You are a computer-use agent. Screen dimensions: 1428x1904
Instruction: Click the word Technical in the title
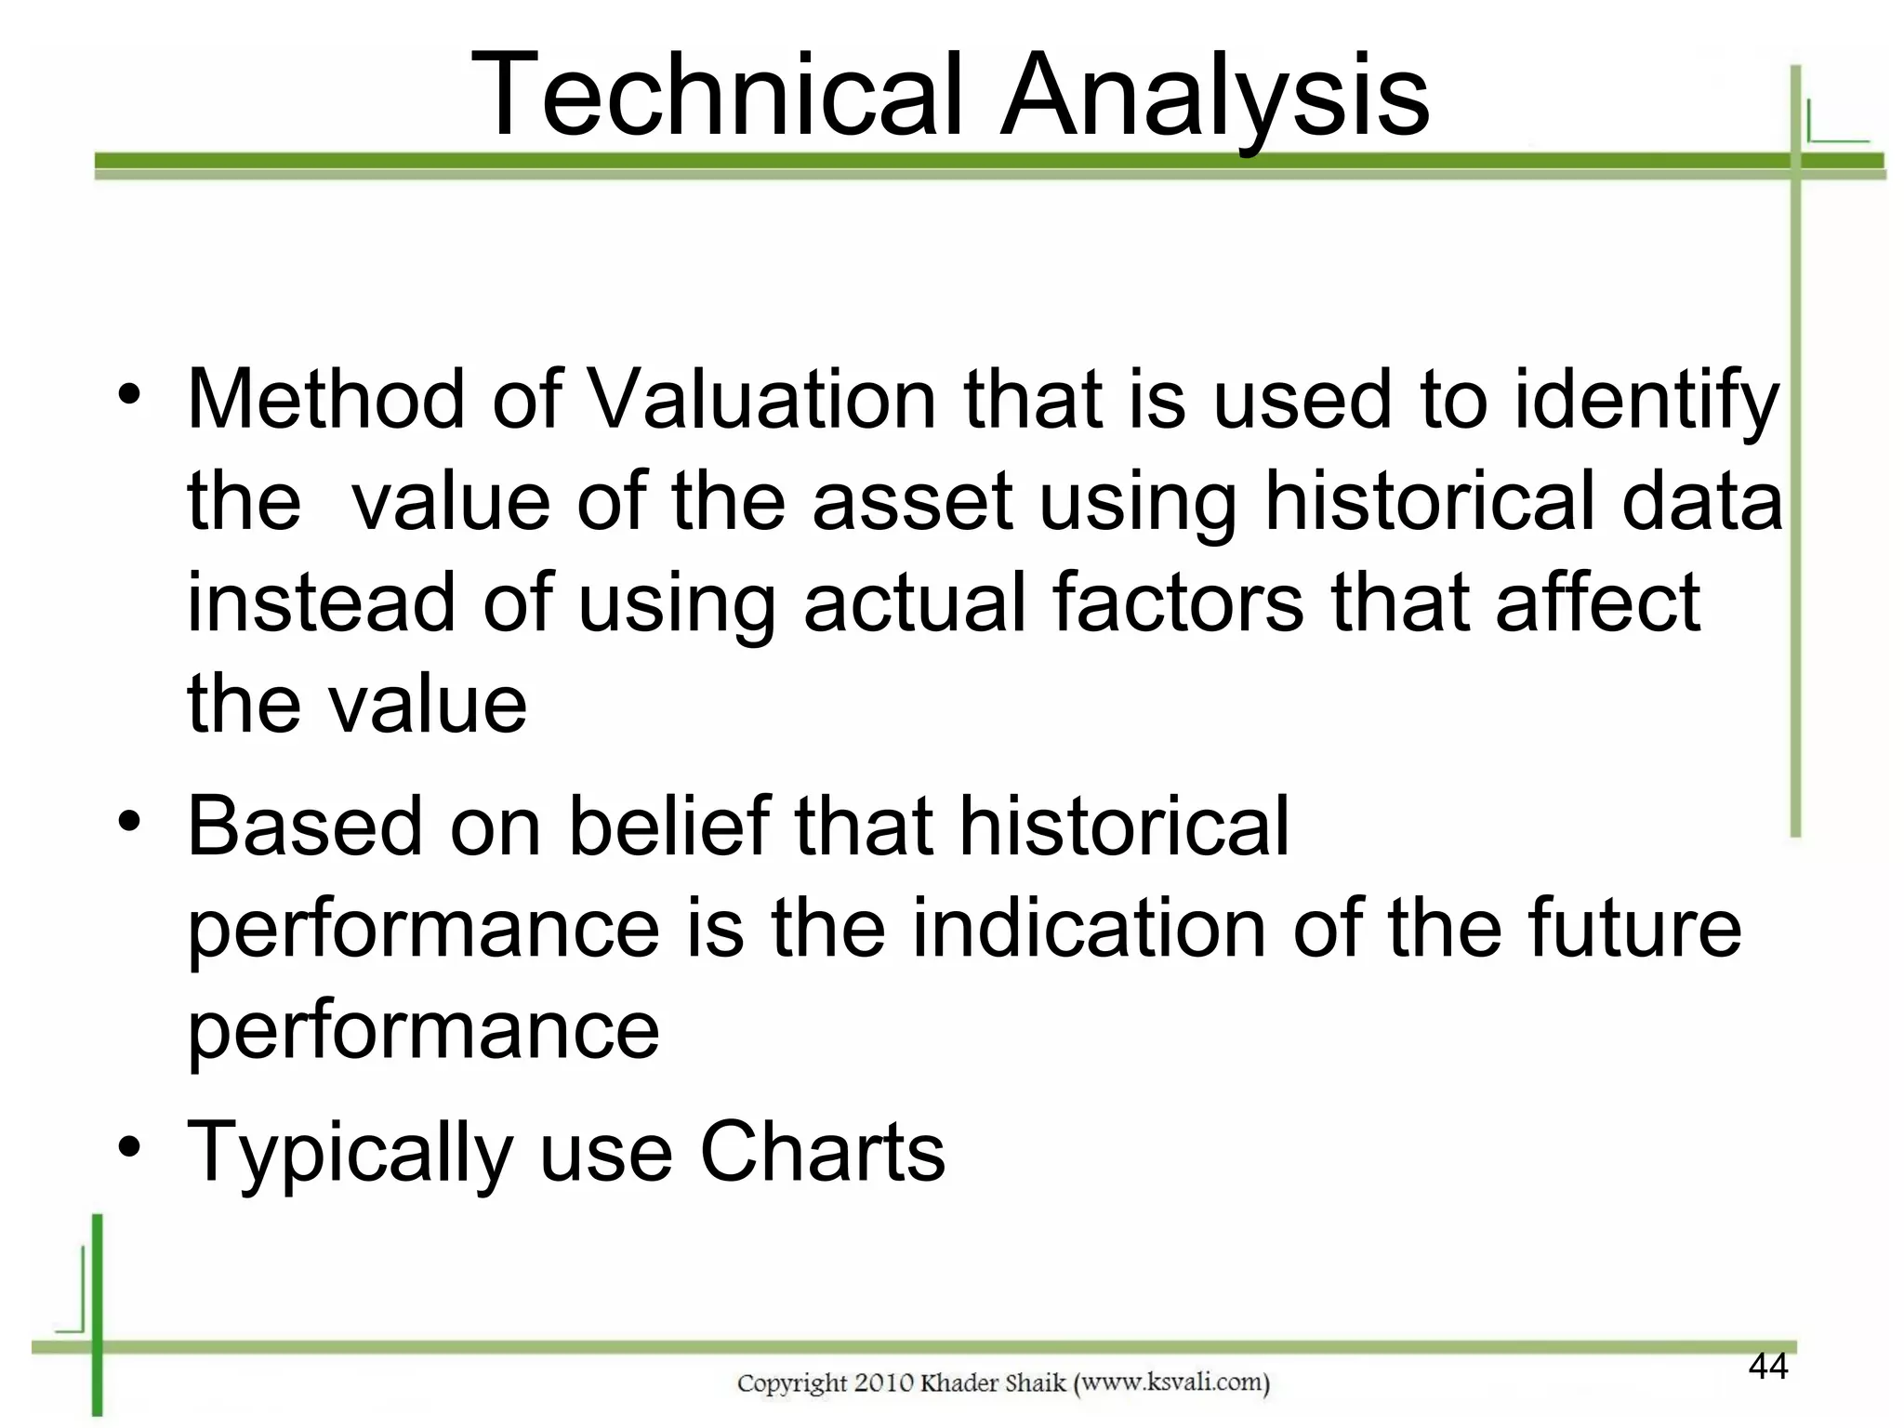pyautogui.click(x=716, y=96)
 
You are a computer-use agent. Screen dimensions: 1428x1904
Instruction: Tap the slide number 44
pyautogui.click(x=1767, y=1367)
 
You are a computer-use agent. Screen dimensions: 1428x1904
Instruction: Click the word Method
pyautogui.click(x=325, y=400)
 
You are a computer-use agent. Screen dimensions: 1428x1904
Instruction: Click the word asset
pyautogui.click(x=911, y=503)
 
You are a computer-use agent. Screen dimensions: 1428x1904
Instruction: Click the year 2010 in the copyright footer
pyautogui.click(x=883, y=1383)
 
